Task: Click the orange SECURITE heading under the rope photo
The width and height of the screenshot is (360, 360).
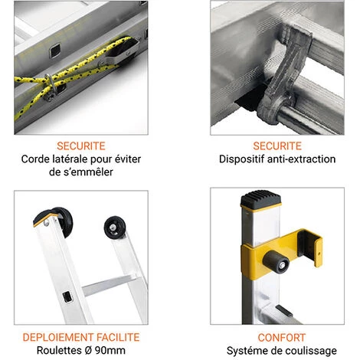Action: (x=81, y=146)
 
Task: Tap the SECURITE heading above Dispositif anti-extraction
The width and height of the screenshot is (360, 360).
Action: (x=277, y=146)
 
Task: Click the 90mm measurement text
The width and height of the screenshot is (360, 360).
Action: (x=110, y=350)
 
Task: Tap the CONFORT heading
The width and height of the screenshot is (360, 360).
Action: (x=282, y=338)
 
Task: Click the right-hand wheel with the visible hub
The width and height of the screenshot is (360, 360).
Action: (x=115, y=227)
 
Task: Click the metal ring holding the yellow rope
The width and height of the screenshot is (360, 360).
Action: (x=51, y=86)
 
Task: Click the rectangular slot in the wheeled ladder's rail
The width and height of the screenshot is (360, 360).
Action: (x=67, y=296)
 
